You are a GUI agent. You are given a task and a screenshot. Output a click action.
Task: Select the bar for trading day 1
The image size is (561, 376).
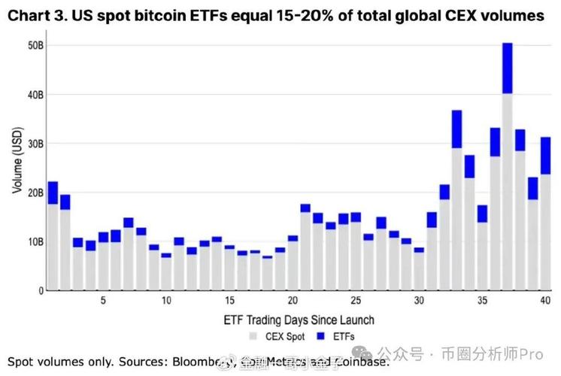pyautogui.click(x=53, y=236)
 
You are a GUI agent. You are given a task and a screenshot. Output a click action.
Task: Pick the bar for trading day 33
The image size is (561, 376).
pyautogui.click(x=456, y=200)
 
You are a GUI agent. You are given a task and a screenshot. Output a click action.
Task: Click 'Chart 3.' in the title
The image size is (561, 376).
pyautogui.click(x=38, y=16)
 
